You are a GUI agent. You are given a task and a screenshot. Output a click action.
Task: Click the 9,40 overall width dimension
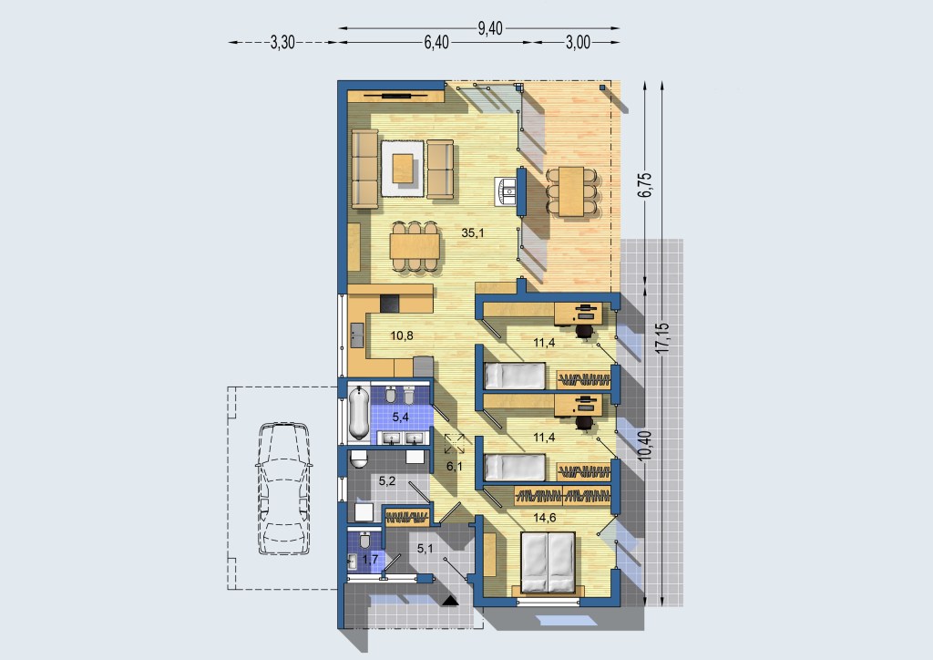pos(490,28)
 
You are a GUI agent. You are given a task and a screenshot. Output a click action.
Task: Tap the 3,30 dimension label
pos(282,42)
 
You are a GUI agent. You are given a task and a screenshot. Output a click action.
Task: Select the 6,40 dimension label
pos(436,42)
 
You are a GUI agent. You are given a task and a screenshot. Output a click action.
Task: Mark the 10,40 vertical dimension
pos(645,446)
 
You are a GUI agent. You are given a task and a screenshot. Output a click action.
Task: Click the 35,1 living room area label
pos(473,233)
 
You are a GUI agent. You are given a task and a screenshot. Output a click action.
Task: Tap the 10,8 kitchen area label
pos(402,335)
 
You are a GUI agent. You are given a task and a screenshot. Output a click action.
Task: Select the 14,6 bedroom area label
pos(545,518)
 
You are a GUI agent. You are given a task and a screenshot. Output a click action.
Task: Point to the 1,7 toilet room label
pos(370,560)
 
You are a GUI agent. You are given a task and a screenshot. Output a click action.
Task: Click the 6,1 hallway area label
pos(455,467)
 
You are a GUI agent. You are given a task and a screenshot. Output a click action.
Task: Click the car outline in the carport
pos(284,488)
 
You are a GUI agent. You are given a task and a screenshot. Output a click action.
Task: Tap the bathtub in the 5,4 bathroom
pos(358,414)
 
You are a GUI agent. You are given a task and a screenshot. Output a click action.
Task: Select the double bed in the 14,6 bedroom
pos(548,563)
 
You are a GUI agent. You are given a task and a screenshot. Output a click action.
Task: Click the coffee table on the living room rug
pos(403,168)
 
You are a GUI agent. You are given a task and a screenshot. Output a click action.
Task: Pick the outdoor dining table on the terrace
pos(571,191)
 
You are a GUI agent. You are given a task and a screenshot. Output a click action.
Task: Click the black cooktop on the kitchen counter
pos(390,304)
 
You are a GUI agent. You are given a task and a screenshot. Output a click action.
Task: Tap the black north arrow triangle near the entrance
pos(450,601)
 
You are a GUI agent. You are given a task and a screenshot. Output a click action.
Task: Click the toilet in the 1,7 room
pos(365,541)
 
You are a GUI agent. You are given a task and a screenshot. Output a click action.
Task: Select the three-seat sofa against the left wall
pos(364,169)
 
